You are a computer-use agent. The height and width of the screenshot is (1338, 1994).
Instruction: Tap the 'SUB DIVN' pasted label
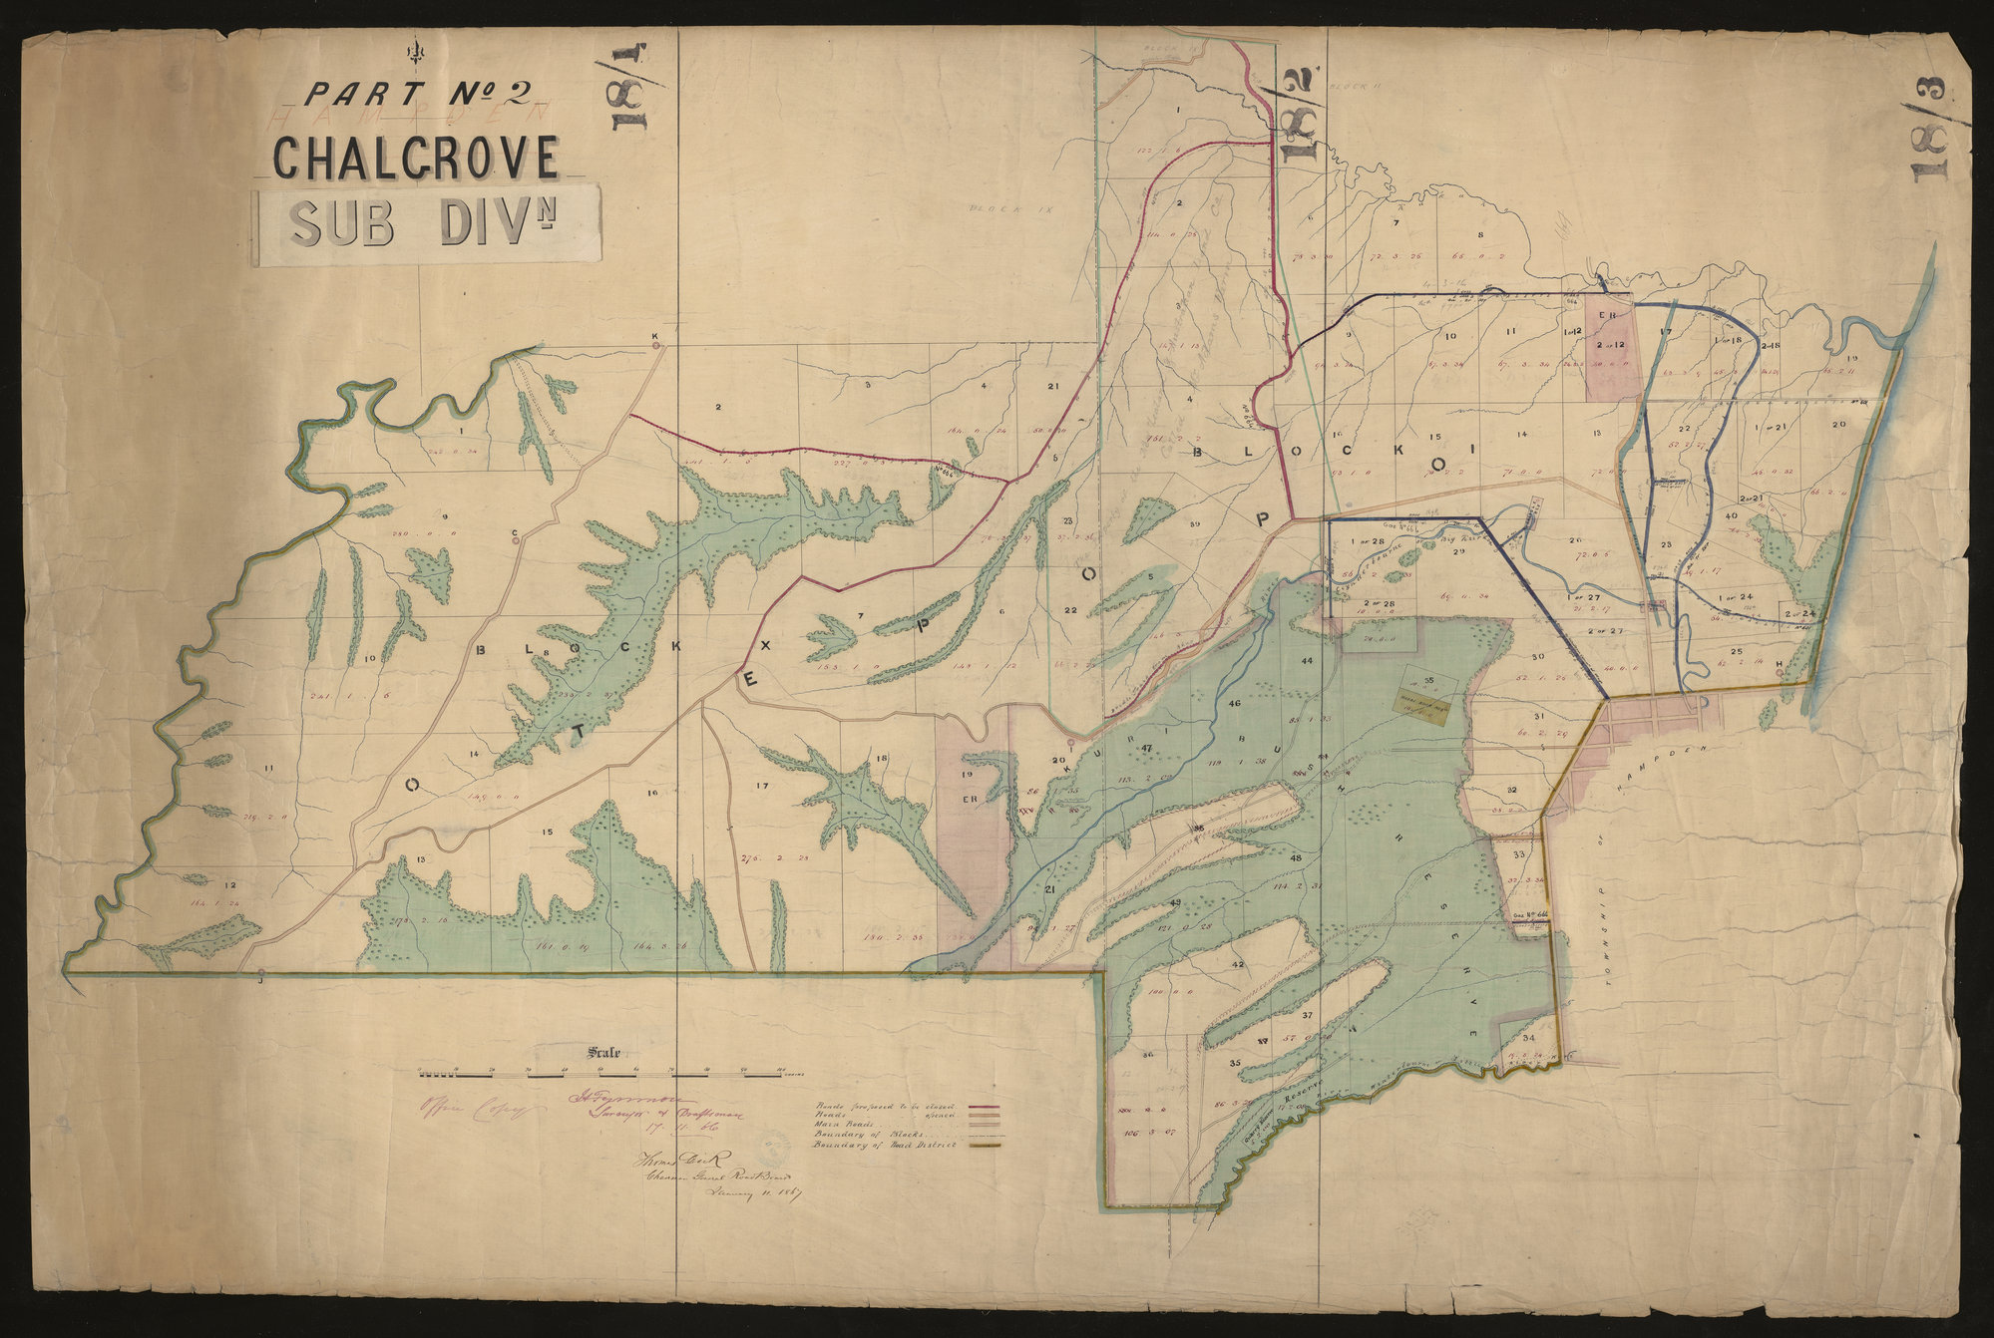coord(430,228)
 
